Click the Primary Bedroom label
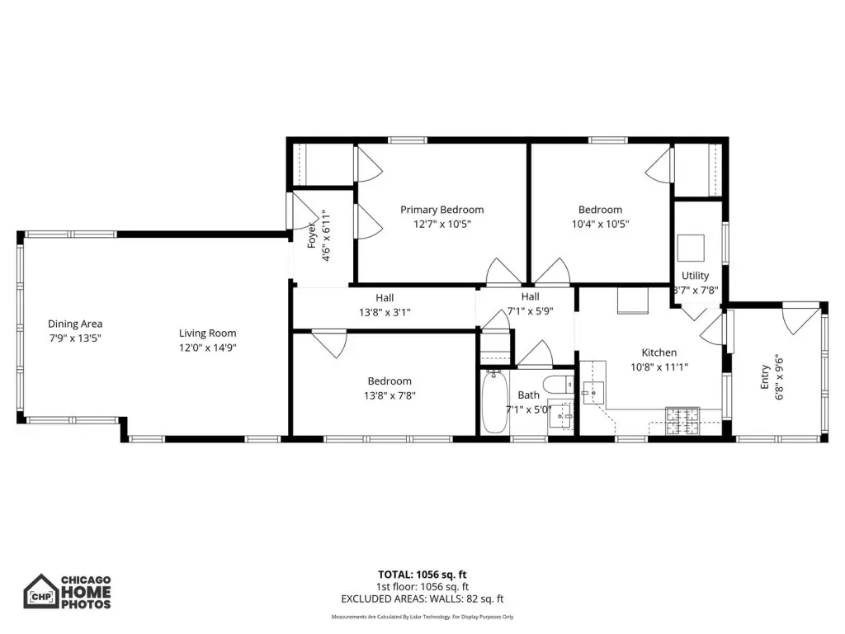click(x=442, y=210)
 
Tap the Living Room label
click(x=207, y=334)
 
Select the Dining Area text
click(x=75, y=324)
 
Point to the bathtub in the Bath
click(x=494, y=401)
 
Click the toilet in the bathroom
click(x=558, y=385)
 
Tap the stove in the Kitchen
click(x=682, y=421)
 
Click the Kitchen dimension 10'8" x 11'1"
click(x=659, y=367)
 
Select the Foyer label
click(x=311, y=235)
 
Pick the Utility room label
click(x=695, y=276)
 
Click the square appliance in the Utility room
click(x=691, y=248)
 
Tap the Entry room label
click(x=765, y=376)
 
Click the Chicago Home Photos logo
click(x=68, y=591)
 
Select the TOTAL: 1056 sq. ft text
click(x=422, y=575)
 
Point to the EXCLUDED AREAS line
click(x=422, y=599)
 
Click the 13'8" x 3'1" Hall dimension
click(x=385, y=312)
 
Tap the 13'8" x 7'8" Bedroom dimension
click(x=389, y=395)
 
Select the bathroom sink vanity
click(x=561, y=416)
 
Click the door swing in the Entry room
click(x=800, y=321)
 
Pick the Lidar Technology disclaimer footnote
click(x=422, y=617)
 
